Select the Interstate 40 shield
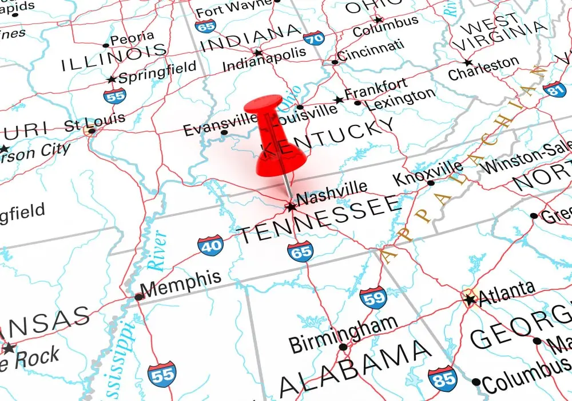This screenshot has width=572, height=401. tap(210, 245)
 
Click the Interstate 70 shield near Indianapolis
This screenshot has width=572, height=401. tap(314, 38)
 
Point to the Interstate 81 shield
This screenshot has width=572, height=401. tap(554, 89)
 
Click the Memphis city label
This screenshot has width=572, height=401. tap(181, 283)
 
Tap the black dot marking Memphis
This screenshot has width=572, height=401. tap(138, 297)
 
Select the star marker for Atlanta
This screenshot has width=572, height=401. tap(470, 299)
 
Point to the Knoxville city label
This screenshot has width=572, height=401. tap(428, 172)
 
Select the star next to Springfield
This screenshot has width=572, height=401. tap(112, 79)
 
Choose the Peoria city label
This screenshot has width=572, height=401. tap(131, 40)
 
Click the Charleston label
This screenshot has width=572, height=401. tap(484, 68)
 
